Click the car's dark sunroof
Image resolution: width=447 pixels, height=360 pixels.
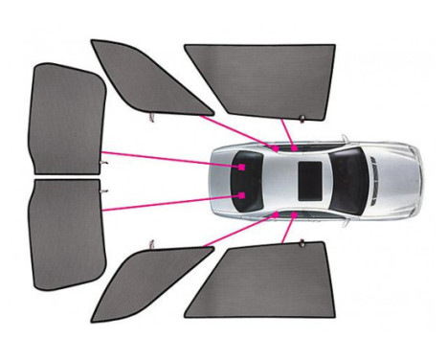(x=310, y=178)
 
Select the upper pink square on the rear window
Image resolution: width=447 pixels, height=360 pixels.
(x=243, y=167)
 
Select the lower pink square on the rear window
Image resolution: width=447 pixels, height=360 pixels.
(x=243, y=195)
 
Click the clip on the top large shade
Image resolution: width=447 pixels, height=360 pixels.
(x=302, y=121)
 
